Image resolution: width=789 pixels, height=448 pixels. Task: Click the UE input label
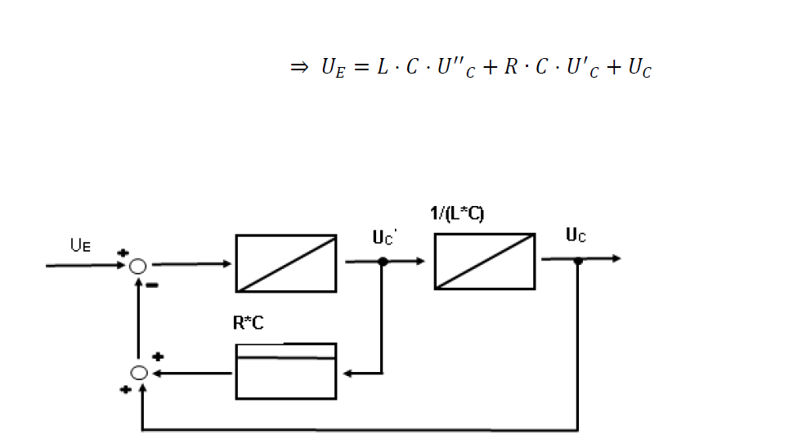(x=80, y=245)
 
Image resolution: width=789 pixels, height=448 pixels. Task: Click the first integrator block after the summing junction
(x=286, y=263)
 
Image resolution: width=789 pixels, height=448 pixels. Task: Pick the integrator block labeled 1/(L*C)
(x=485, y=262)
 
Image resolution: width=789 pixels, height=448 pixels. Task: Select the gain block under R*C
(x=286, y=371)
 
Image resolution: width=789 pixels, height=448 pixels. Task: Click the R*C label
(x=248, y=323)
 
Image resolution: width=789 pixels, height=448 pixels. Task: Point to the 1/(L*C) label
(x=457, y=213)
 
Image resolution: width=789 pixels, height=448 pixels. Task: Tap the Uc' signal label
(x=384, y=237)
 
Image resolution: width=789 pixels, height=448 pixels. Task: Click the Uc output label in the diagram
(x=576, y=235)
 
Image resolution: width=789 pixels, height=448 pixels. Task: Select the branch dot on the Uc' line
(x=383, y=262)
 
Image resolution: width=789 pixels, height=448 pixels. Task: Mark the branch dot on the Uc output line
(x=578, y=260)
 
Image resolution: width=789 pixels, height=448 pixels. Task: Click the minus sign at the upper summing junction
(x=151, y=285)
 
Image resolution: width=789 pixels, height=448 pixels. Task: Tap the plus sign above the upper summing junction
(x=123, y=253)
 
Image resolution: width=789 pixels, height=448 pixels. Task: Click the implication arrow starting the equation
(x=299, y=67)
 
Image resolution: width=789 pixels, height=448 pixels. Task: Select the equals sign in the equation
(x=361, y=67)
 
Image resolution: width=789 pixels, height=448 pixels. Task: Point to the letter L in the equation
(x=383, y=66)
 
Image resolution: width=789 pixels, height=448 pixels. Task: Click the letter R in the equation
(x=511, y=66)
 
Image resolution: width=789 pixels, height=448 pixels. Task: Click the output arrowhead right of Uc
(x=616, y=258)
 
